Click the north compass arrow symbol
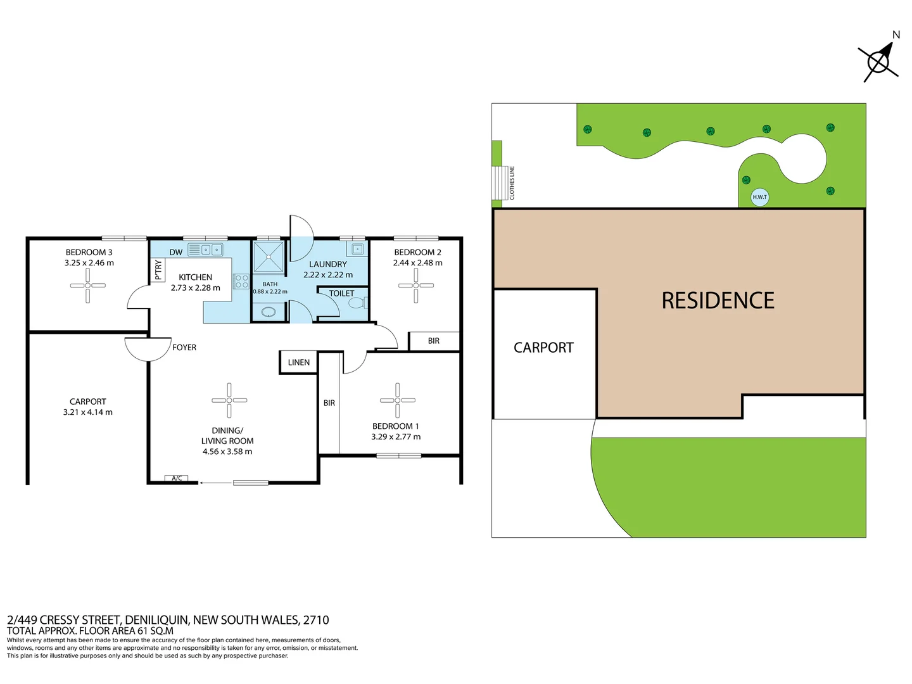(879, 61)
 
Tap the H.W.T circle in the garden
(759, 197)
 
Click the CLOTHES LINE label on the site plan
(512, 183)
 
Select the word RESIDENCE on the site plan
(718, 301)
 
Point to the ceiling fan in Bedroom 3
(88, 286)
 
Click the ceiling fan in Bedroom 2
(416, 286)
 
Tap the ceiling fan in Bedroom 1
(397, 400)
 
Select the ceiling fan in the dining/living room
(229, 400)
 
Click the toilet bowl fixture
(357, 303)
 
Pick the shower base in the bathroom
(269, 257)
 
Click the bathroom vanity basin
(269, 312)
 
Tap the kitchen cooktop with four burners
(241, 281)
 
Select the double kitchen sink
(212, 250)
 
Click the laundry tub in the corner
(358, 249)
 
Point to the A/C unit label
(177, 478)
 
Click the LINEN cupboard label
(299, 362)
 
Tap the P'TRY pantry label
(158, 270)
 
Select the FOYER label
(184, 347)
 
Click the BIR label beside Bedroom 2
(434, 341)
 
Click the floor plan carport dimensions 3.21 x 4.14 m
(88, 412)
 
